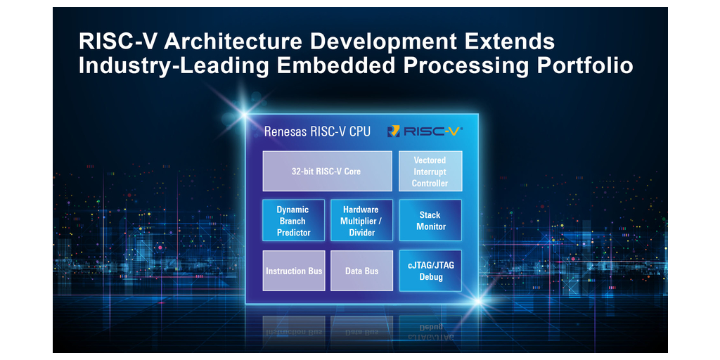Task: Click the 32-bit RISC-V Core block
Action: (x=327, y=171)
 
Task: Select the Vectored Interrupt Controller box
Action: (x=430, y=172)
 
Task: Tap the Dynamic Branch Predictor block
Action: (x=293, y=221)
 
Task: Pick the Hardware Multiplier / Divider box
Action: (x=361, y=221)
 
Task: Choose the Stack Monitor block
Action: (x=430, y=221)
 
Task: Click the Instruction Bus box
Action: (x=294, y=271)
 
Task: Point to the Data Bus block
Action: (x=361, y=271)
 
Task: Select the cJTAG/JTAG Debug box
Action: (x=430, y=271)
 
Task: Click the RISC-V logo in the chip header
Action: (x=425, y=131)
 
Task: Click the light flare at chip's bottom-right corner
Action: (x=479, y=302)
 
